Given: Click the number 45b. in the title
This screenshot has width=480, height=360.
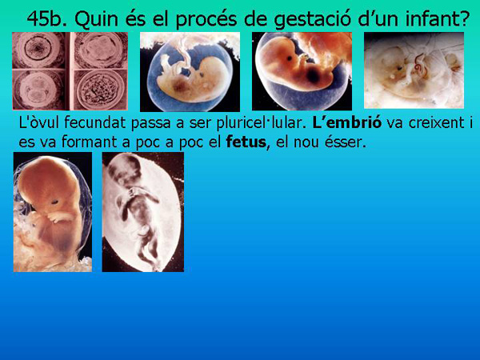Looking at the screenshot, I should point(50,18).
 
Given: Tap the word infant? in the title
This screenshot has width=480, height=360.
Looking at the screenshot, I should point(435,18).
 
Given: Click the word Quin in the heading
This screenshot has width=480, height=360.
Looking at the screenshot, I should point(102,18).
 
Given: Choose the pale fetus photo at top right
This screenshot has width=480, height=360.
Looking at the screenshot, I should point(414,70).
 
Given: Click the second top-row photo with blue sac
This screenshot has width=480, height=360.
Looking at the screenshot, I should point(190,72).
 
